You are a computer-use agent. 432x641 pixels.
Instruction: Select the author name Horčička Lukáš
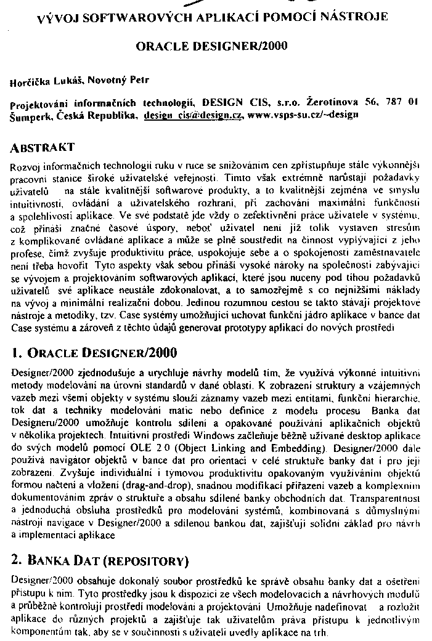click(x=47, y=81)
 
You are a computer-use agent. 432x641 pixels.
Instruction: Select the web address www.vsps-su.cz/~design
click(x=303, y=115)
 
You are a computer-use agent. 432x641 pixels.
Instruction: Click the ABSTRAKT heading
click(x=43, y=148)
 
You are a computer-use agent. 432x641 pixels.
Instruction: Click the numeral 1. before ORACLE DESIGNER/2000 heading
click(x=17, y=353)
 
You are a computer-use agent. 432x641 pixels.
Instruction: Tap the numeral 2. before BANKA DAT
click(x=17, y=561)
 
